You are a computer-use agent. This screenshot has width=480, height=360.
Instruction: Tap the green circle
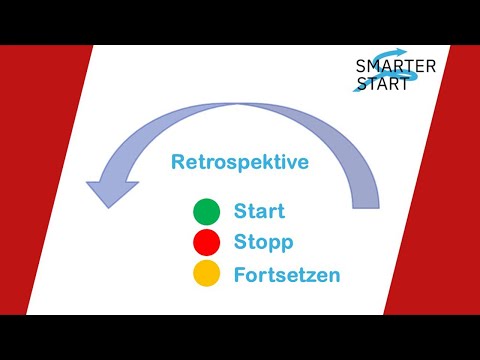click(x=206, y=212)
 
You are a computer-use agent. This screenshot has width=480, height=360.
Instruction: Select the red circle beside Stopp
click(x=206, y=241)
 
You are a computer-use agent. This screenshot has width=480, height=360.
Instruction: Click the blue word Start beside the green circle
click(x=260, y=211)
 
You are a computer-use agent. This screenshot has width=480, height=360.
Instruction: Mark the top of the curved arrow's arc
click(x=240, y=107)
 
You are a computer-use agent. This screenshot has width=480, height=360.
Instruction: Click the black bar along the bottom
click(x=240, y=337)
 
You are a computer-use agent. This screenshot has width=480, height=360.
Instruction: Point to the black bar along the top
click(x=240, y=22)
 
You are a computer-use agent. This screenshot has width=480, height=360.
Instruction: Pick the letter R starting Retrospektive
click(x=178, y=161)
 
